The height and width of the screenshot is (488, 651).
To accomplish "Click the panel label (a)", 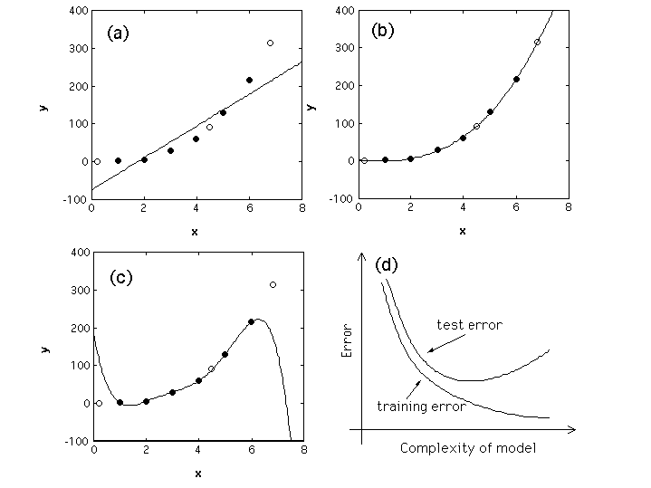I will tap(119, 33).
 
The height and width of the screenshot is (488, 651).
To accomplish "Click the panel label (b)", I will tap(382, 29).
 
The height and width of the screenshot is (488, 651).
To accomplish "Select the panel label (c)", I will tap(120, 277).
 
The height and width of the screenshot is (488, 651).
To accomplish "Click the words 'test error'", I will tap(469, 324).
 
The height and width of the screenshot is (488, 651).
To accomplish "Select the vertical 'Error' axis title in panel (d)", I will tap(346, 343).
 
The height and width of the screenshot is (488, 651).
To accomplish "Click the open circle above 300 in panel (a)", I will tap(270, 43).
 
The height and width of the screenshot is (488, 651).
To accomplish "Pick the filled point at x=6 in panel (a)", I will tap(249, 80).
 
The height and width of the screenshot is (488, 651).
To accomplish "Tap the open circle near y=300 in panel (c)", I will tap(273, 284).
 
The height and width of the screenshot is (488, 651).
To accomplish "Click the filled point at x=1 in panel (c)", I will tap(120, 403).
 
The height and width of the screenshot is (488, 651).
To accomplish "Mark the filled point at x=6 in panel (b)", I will tap(516, 79).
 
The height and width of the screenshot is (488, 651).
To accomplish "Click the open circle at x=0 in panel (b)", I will tap(364, 160).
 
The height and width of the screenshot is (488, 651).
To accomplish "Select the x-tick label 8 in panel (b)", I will tap(568, 207).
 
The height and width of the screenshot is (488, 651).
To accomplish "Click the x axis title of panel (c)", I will tap(197, 474).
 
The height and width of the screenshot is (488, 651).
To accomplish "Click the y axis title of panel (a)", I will tap(44, 106).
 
